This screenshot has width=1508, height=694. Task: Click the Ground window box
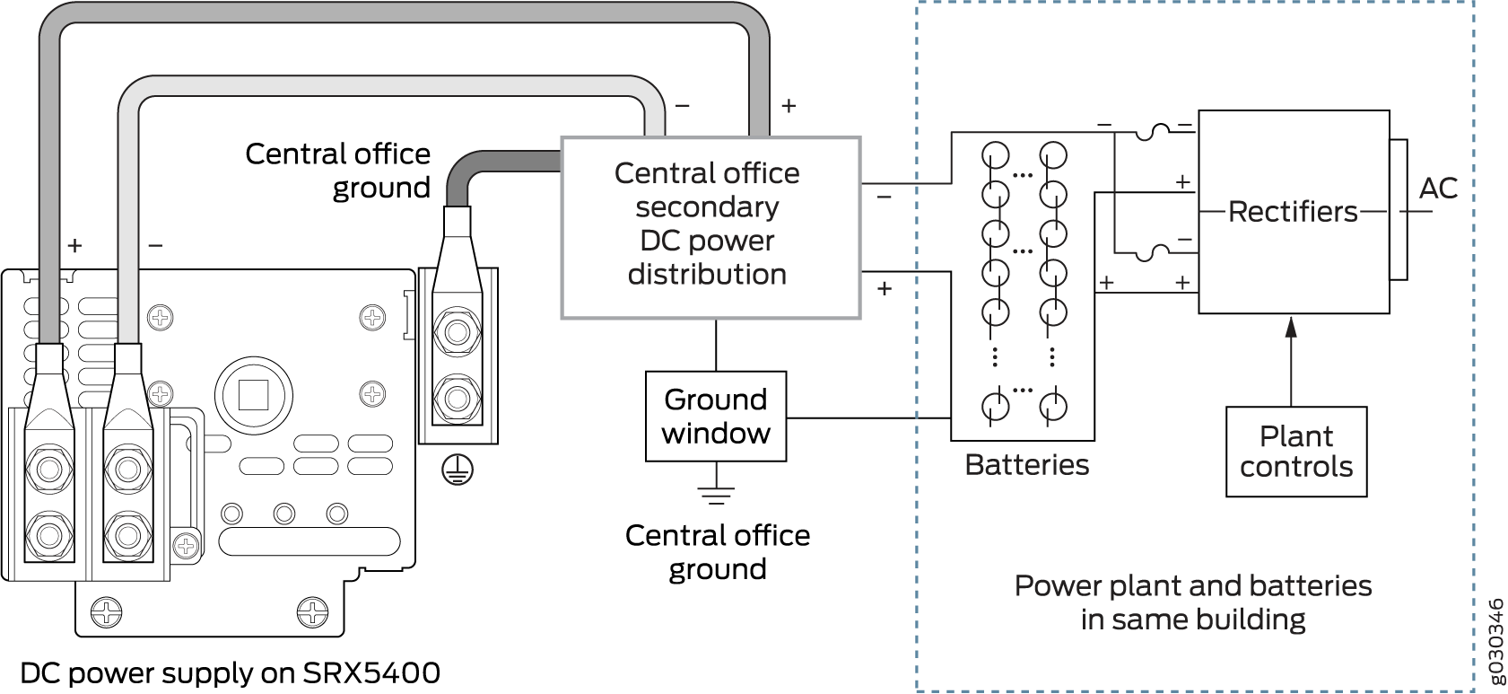coord(716,417)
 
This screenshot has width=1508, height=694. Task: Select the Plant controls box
coord(1296,452)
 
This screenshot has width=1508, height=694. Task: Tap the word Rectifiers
coord(1293,212)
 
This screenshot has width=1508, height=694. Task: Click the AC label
coord(1438,189)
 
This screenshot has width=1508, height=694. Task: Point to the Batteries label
coord(1026,465)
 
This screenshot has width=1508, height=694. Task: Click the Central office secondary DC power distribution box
coord(710,227)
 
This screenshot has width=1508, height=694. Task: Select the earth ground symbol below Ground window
coord(716,492)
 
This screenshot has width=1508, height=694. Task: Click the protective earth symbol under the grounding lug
coord(458,470)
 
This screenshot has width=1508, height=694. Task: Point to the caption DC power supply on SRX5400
coord(230,673)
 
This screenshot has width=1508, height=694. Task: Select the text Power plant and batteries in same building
coord(1192,602)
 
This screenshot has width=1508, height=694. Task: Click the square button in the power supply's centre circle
coord(254,393)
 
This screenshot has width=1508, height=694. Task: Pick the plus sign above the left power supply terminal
coord(74,244)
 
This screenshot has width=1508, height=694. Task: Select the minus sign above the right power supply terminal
coord(155,244)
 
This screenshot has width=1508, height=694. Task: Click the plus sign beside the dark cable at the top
coord(789,106)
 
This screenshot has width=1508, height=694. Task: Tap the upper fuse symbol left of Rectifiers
coord(1154,132)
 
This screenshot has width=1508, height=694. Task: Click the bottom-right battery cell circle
coord(1053,406)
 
